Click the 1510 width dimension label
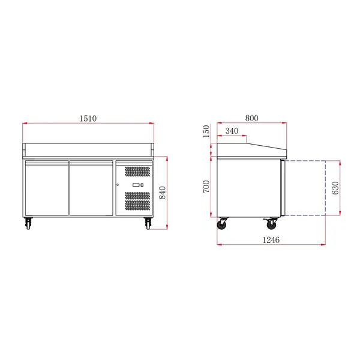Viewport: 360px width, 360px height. (x=88, y=119)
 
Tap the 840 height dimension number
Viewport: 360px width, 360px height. (x=161, y=192)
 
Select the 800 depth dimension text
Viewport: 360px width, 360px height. (x=251, y=119)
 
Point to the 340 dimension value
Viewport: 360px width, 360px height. (x=232, y=131)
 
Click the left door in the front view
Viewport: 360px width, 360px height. (x=47, y=187)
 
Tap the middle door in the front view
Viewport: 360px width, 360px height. (x=92, y=187)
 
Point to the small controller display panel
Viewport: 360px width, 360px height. (x=138, y=185)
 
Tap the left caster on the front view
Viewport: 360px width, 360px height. (x=29, y=224)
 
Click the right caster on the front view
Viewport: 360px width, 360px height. (x=148, y=224)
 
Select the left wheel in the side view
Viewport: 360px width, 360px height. (x=224, y=224)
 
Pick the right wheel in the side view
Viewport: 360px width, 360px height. (x=271, y=224)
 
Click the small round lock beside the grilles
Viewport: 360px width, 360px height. (x=118, y=184)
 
